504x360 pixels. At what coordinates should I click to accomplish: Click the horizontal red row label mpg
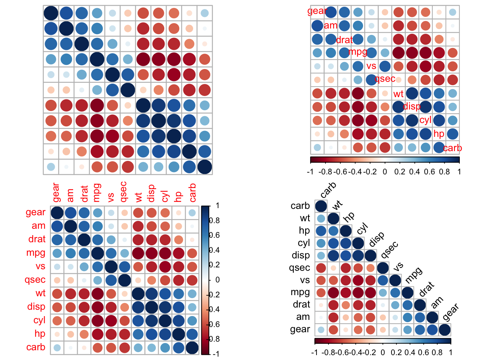[x=36, y=253]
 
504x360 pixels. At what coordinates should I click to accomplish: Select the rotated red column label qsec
[x=124, y=192]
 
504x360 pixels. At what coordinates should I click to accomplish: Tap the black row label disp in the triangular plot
[x=301, y=255]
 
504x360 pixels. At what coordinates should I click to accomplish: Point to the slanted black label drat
[x=426, y=289]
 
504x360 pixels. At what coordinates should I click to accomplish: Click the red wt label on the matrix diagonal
[x=398, y=94]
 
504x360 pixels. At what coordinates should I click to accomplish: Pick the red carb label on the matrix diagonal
[x=452, y=148]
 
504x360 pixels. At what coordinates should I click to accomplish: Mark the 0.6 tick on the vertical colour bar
[x=215, y=235]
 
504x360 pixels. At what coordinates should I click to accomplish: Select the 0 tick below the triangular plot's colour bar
[x=382, y=352]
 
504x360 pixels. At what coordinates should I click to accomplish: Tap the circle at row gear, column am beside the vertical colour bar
[x=70, y=213]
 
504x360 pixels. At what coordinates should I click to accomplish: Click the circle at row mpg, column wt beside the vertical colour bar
[x=138, y=253]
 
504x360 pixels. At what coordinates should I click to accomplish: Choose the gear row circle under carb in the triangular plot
[x=321, y=330]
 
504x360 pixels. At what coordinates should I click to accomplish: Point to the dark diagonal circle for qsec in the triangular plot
[x=382, y=268]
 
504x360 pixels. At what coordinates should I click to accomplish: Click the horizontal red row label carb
[x=36, y=347]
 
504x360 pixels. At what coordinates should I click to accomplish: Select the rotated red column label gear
[x=56, y=192]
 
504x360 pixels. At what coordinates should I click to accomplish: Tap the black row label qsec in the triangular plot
[x=300, y=268]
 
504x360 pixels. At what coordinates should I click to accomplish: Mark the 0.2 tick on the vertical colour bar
[x=215, y=265]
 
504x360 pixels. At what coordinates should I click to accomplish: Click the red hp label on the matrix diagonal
[x=439, y=134]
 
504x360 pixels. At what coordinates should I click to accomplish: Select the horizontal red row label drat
[x=37, y=239]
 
